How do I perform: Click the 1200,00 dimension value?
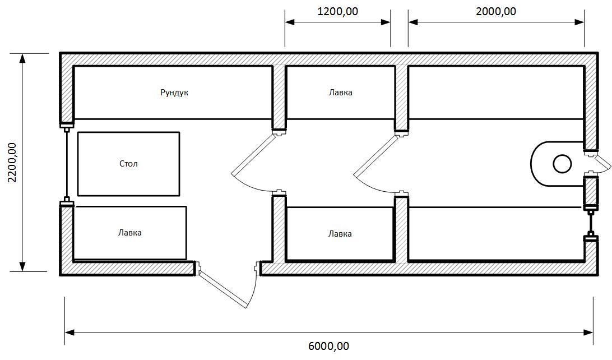pos(337,11)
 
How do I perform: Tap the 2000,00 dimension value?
pos(495,11)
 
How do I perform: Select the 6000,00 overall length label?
pos(328,346)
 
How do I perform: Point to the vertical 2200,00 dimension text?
pos(13,163)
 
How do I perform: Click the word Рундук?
pos(174,93)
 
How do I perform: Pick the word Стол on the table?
pos(128,164)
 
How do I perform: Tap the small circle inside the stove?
pos(563,164)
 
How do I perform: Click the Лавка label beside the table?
pos(130,233)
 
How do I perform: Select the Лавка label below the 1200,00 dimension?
pos(340,93)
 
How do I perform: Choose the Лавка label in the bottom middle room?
pos(340,234)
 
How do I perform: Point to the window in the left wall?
pos(67,164)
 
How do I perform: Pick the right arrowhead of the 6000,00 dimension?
pos(588,333)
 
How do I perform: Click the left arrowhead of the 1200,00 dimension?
pos(290,22)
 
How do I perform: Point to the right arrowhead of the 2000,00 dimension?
pos(579,22)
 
